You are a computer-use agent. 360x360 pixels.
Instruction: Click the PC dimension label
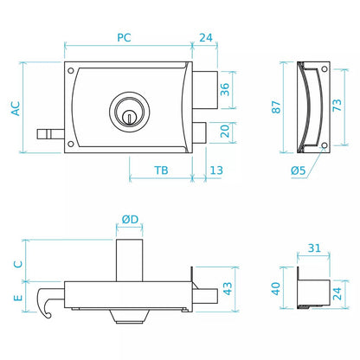[124, 37]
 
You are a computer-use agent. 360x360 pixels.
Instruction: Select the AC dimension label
[16, 108]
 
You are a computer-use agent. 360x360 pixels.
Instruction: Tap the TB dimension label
[161, 170]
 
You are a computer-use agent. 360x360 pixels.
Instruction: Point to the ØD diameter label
[130, 219]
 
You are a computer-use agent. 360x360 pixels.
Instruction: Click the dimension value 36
[225, 89]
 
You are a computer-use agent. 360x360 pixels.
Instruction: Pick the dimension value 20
[225, 131]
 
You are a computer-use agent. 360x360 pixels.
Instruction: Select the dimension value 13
[216, 170]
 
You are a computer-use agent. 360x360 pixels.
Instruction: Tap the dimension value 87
[276, 107]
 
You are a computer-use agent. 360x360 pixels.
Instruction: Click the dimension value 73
[337, 105]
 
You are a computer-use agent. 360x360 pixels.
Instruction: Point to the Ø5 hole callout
[298, 170]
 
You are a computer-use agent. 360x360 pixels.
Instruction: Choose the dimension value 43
[228, 288]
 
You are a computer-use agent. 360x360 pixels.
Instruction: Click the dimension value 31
[314, 248]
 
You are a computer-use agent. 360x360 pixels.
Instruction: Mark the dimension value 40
[276, 288]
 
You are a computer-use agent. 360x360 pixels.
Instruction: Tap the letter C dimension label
[18, 264]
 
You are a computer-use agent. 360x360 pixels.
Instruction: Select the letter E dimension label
[18, 298]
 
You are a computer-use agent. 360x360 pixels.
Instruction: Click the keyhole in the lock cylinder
[130, 117]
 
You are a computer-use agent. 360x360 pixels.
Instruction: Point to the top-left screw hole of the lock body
[70, 70]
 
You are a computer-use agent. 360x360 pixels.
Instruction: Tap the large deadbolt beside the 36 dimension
[205, 90]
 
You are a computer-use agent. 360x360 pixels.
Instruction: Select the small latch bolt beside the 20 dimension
[199, 132]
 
